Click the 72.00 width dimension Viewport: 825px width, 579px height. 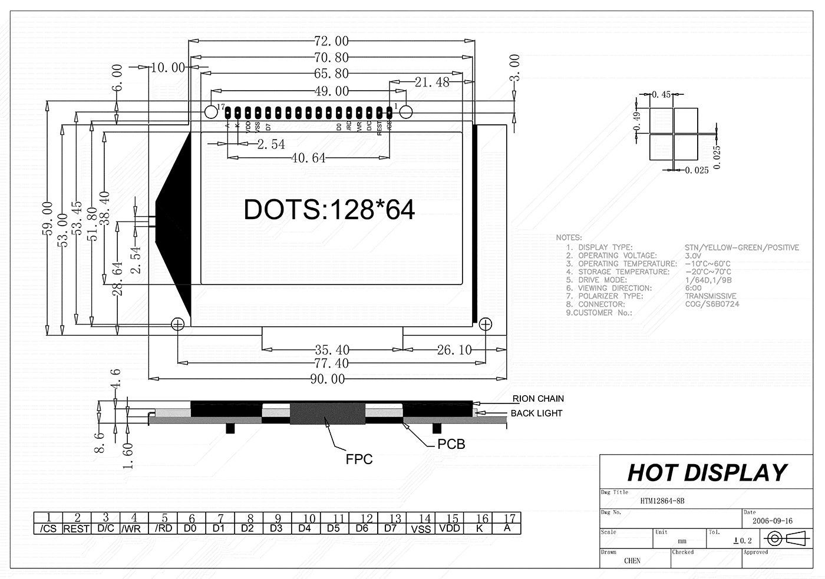point(331,41)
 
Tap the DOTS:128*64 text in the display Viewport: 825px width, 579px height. point(329,210)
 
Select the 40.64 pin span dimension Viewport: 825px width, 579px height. point(308,158)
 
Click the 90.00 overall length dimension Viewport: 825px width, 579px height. point(327,379)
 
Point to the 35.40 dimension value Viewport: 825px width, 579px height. point(332,350)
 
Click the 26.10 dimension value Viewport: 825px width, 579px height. point(454,350)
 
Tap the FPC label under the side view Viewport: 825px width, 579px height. point(359,459)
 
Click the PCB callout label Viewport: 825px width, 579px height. point(451,444)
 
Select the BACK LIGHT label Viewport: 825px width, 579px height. point(536,413)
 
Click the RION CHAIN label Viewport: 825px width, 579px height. point(537,399)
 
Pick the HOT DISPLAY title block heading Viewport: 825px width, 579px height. point(707,473)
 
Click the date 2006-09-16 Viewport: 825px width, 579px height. point(773,521)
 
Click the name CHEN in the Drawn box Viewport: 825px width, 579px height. point(632,561)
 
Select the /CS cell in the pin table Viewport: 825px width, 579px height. point(48,529)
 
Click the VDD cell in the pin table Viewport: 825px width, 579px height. point(450,529)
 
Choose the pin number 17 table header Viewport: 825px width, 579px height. point(510,518)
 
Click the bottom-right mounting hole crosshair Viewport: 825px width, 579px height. point(486,323)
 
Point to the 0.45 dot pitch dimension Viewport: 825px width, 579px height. point(666,94)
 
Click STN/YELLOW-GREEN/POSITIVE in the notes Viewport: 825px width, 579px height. point(741,247)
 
